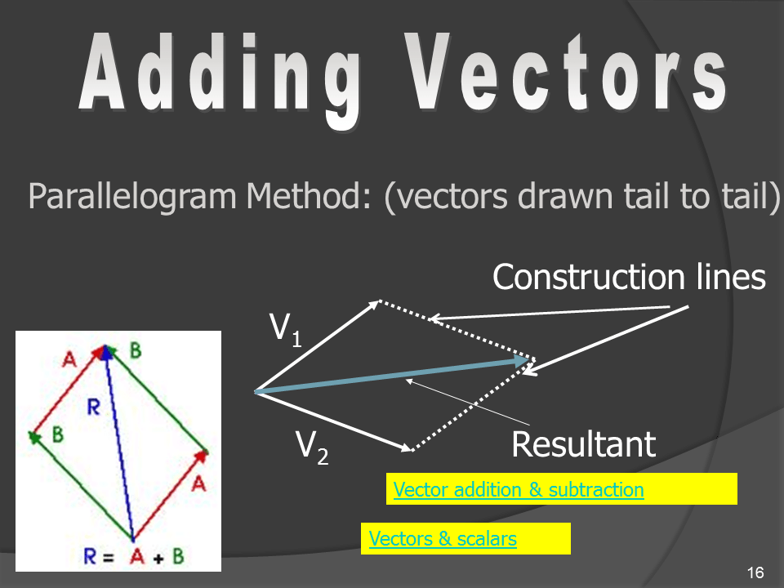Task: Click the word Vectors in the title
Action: coord(565,72)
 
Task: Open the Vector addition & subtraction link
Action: coord(519,489)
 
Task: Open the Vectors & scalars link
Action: coord(443,538)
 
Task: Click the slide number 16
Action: coord(755,572)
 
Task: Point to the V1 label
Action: coord(286,330)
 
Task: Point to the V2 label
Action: coord(312,448)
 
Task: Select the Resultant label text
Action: coord(583,444)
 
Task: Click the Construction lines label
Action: coord(629,277)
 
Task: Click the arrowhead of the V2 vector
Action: coord(404,447)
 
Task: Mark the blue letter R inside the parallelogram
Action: coord(93,408)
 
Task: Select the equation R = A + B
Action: coord(133,556)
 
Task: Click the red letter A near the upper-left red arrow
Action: coord(69,359)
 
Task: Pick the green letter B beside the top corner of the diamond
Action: coord(135,350)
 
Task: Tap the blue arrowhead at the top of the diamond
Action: coord(105,353)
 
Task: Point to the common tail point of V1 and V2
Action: coord(256,391)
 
